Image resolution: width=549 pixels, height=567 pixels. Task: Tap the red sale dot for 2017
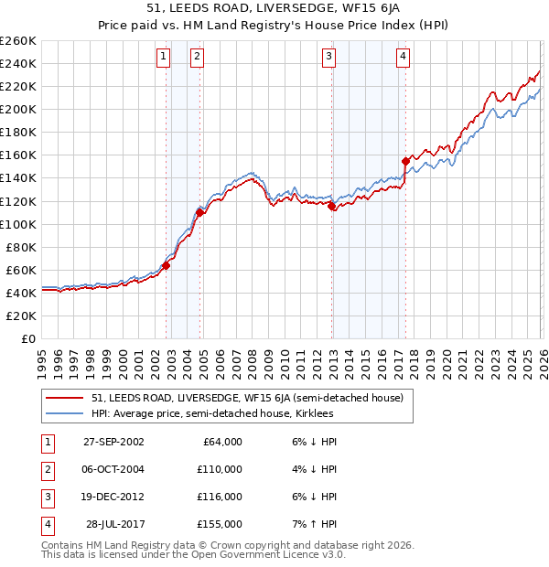point(405,161)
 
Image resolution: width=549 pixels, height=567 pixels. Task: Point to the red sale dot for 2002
point(167,265)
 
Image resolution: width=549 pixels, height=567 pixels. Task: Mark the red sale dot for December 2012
point(332,206)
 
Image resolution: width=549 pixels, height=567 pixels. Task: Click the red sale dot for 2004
point(199,212)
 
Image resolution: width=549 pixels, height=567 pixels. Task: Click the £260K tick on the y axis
point(17,41)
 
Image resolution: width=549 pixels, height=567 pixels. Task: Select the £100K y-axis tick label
point(17,224)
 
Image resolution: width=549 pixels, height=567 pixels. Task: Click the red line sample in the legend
point(64,398)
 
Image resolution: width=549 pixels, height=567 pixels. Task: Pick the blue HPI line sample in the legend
point(64,414)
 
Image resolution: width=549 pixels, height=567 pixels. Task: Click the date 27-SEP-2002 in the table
point(113,441)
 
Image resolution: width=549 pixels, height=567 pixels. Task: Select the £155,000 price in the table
point(220,524)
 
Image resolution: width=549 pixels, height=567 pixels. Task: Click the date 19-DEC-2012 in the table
point(113,497)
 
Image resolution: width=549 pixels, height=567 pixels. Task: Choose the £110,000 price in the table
point(220,468)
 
